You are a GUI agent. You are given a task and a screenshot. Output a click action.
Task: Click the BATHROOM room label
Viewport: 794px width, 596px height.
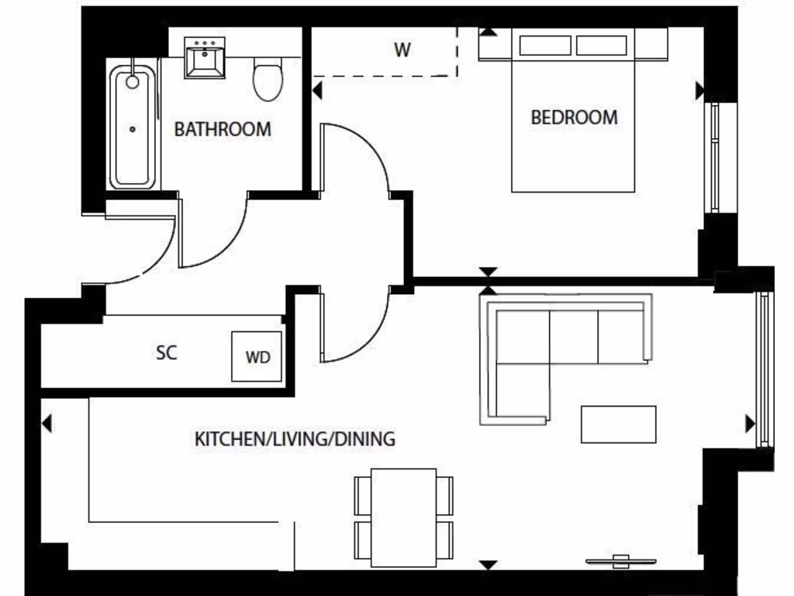[223, 129]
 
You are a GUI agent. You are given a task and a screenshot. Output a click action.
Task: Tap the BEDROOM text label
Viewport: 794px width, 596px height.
[574, 118]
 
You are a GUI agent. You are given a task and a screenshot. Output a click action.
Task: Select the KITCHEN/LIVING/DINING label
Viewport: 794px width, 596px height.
[295, 439]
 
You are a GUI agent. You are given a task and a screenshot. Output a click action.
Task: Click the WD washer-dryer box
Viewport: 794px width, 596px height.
[257, 357]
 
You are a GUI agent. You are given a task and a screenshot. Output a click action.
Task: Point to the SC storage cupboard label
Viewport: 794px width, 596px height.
[167, 352]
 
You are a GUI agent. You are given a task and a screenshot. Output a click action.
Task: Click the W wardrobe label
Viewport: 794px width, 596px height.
[402, 51]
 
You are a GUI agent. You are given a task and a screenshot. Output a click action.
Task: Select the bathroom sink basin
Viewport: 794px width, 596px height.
[205, 57]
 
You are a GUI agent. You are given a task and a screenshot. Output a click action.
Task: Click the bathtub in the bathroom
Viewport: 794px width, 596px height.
[133, 128]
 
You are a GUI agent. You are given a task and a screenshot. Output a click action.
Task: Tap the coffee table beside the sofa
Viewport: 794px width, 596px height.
[618, 424]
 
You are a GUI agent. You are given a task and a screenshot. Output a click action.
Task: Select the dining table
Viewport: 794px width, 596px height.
[403, 517]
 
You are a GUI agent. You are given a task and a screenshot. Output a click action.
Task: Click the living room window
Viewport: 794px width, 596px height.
[765, 369]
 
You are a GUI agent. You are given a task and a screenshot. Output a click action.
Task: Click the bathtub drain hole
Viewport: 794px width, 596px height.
[133, 130]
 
